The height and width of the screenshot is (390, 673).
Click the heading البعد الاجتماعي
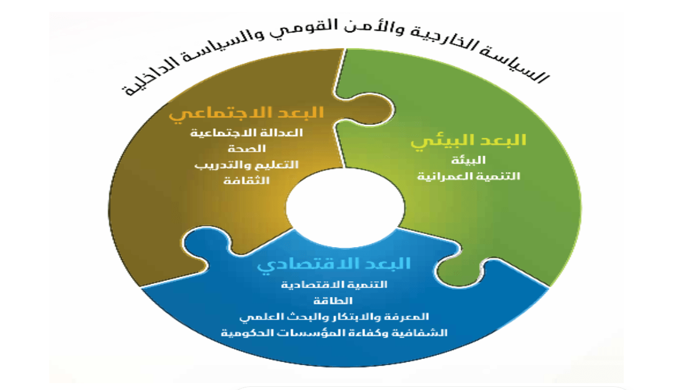point(246,114)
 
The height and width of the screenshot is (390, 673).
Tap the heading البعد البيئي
point(468,140)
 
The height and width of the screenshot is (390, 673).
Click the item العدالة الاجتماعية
point(247,133)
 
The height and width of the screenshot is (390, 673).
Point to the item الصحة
point(247,149)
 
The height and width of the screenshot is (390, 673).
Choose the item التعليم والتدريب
point(246,165)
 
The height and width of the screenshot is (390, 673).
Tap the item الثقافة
point(247,180)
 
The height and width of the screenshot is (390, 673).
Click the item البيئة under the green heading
point(468,160)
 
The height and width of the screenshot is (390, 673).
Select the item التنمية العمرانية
point(468,177)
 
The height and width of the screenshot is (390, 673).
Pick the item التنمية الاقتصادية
point(334,285)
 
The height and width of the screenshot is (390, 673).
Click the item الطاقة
point(333,301)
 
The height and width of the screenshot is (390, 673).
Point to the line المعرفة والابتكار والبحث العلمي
point(334,317)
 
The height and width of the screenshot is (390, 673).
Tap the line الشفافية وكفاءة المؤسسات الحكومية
point(334,333)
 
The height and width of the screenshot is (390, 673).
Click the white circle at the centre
point(345,207)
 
